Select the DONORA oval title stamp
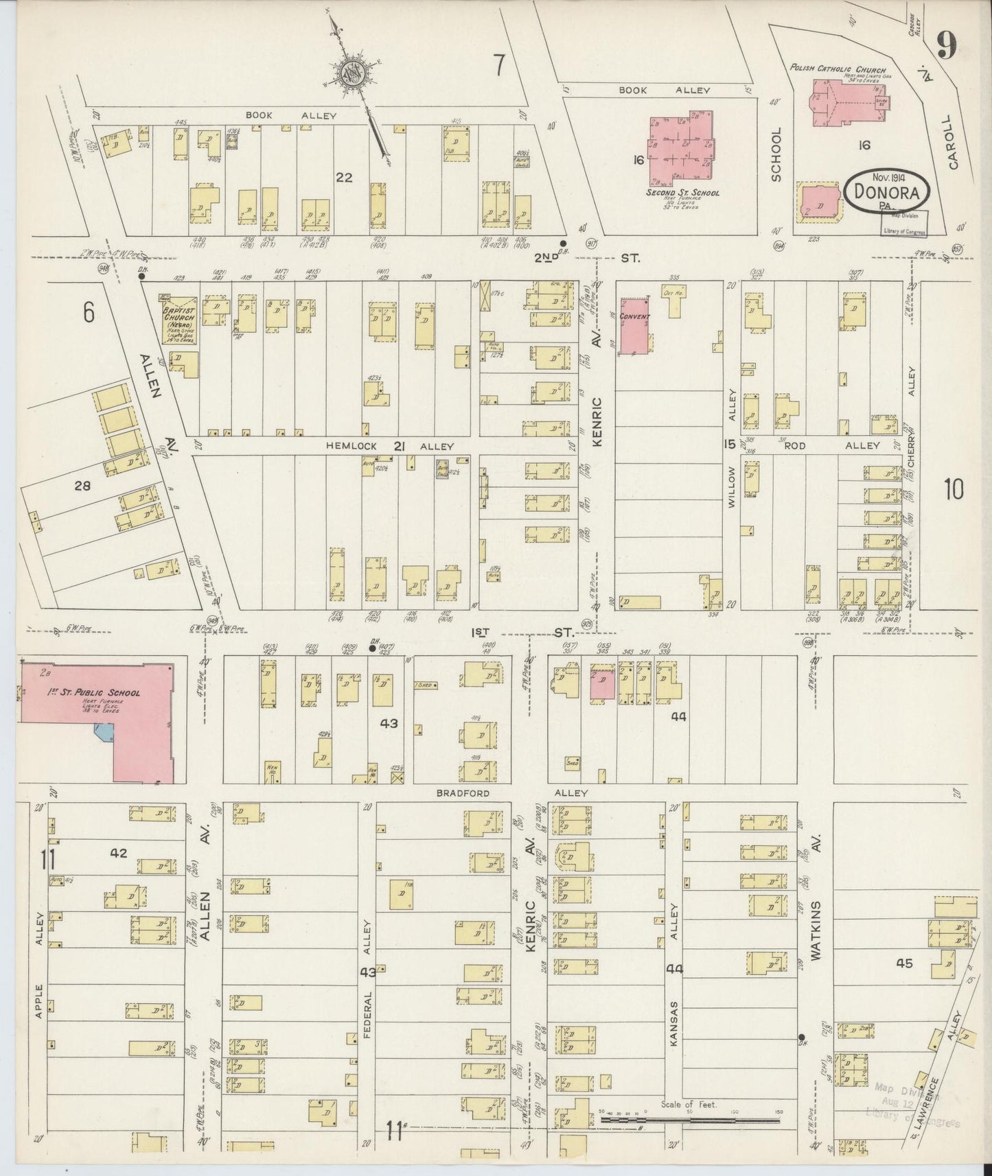pyautogui.click(x=887, y=191)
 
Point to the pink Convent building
pyautogui.click(x=636, y=327)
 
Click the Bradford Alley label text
pyautogui.click(x=511, y=793)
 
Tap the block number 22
pyautogui.click(x=344, y=177)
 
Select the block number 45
pyautogui.click(x=904, y=963)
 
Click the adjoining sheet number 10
pyautogui.click(x=953, y=489)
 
